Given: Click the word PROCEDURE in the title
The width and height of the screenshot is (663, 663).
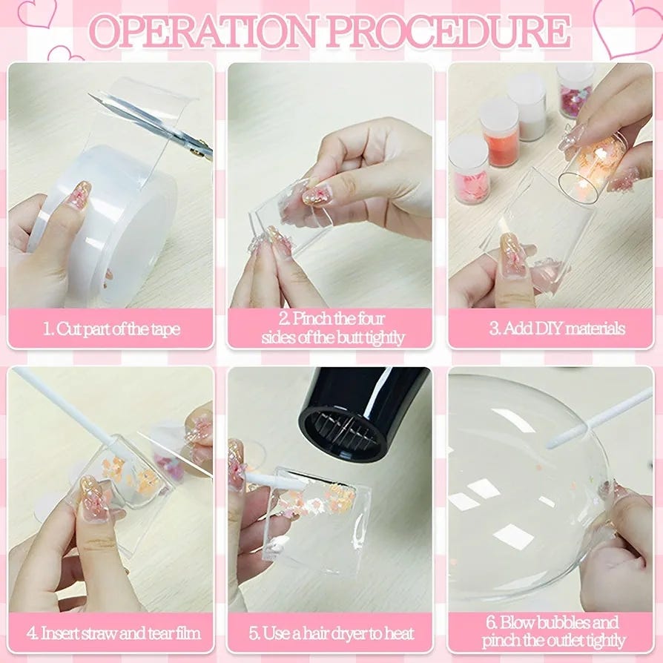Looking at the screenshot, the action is tap(448, 31).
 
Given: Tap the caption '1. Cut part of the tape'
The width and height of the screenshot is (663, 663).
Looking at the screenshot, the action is tap(112, 329).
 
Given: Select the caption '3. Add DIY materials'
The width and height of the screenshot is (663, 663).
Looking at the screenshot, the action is tap(557, 328).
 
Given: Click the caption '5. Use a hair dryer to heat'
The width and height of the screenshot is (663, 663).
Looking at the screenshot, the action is tap(331, 633).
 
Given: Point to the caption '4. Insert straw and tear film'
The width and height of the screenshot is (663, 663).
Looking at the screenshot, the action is tap(113, 633).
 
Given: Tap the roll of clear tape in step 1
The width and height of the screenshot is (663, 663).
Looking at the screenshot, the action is tap(106, 220).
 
